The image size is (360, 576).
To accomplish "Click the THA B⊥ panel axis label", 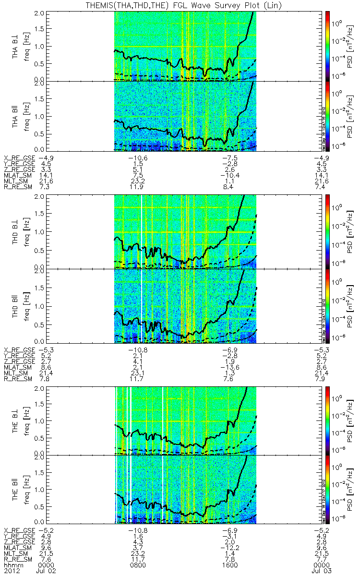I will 16,46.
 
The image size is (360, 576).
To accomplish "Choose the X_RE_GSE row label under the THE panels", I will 19,527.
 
